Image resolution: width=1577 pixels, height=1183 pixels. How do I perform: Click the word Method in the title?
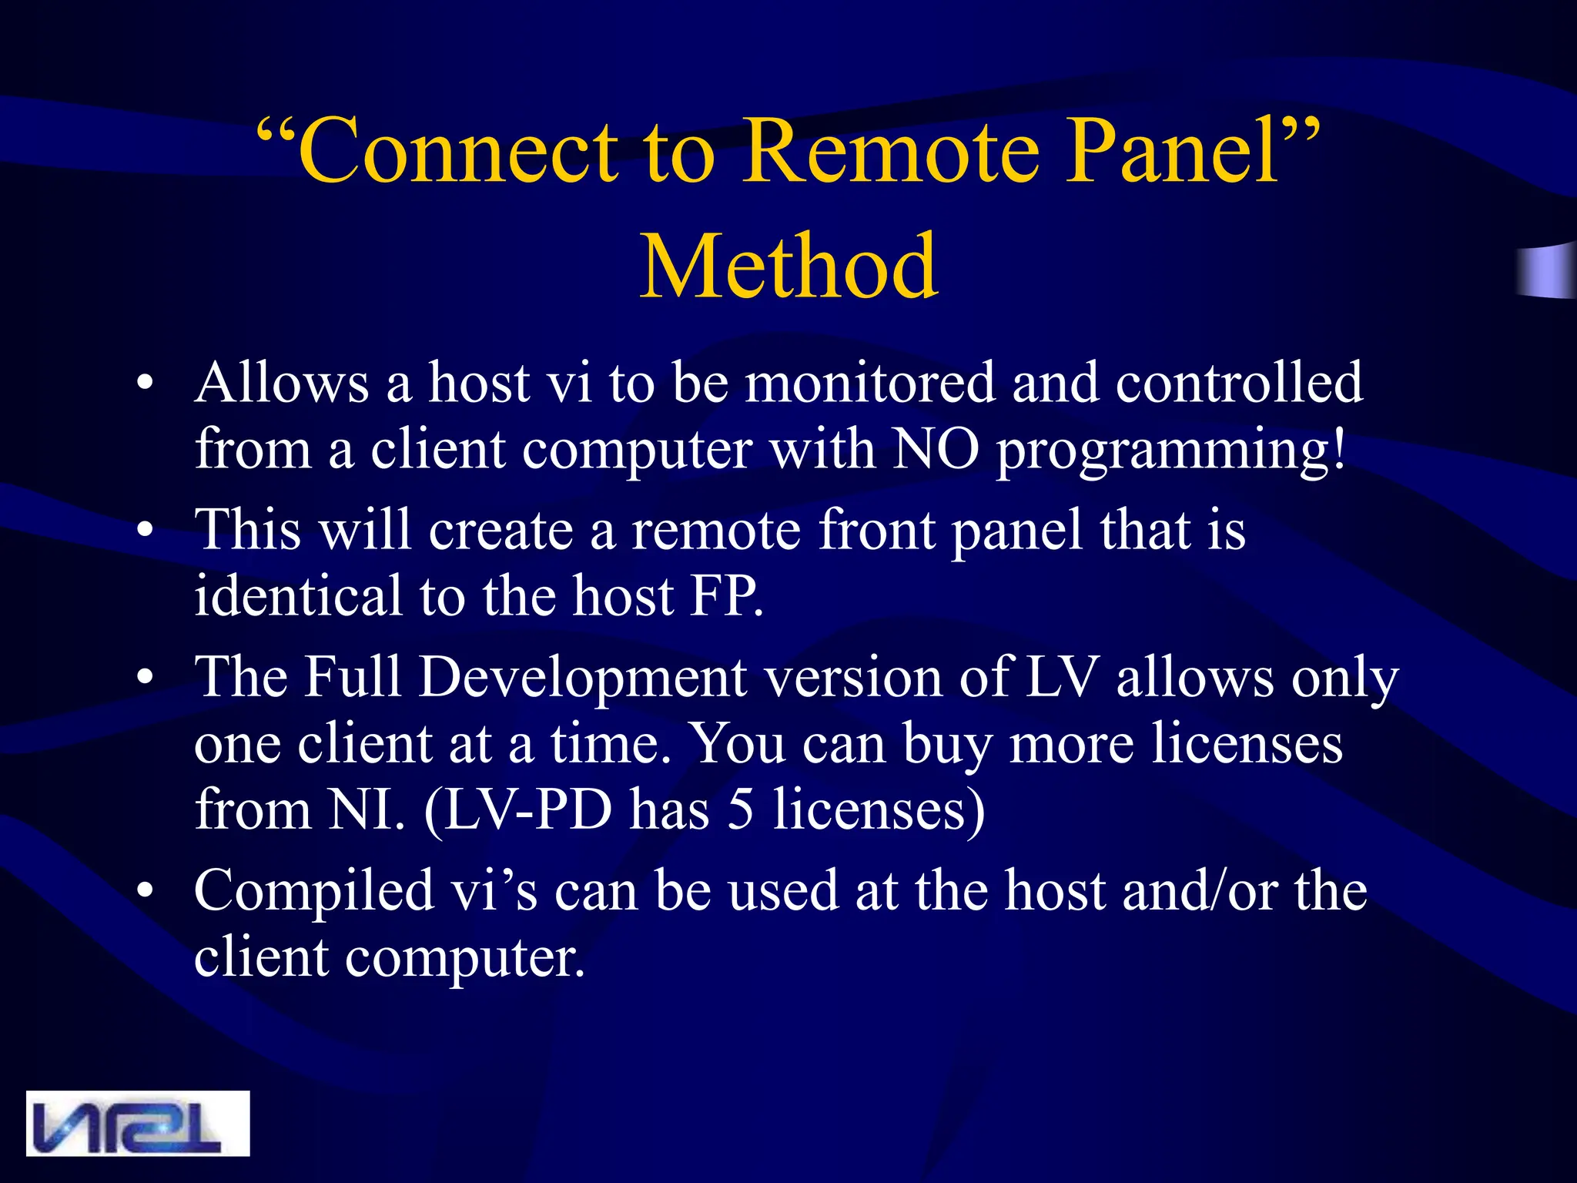[788, 266]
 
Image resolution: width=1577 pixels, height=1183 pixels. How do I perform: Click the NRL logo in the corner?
[138, 1123]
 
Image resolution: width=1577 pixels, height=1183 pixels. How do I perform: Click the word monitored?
[869, 383]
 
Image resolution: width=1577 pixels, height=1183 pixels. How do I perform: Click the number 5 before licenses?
[740, 810]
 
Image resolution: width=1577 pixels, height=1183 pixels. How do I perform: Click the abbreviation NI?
[364, 810]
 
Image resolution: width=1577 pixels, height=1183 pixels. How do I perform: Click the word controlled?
[1239, 383]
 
